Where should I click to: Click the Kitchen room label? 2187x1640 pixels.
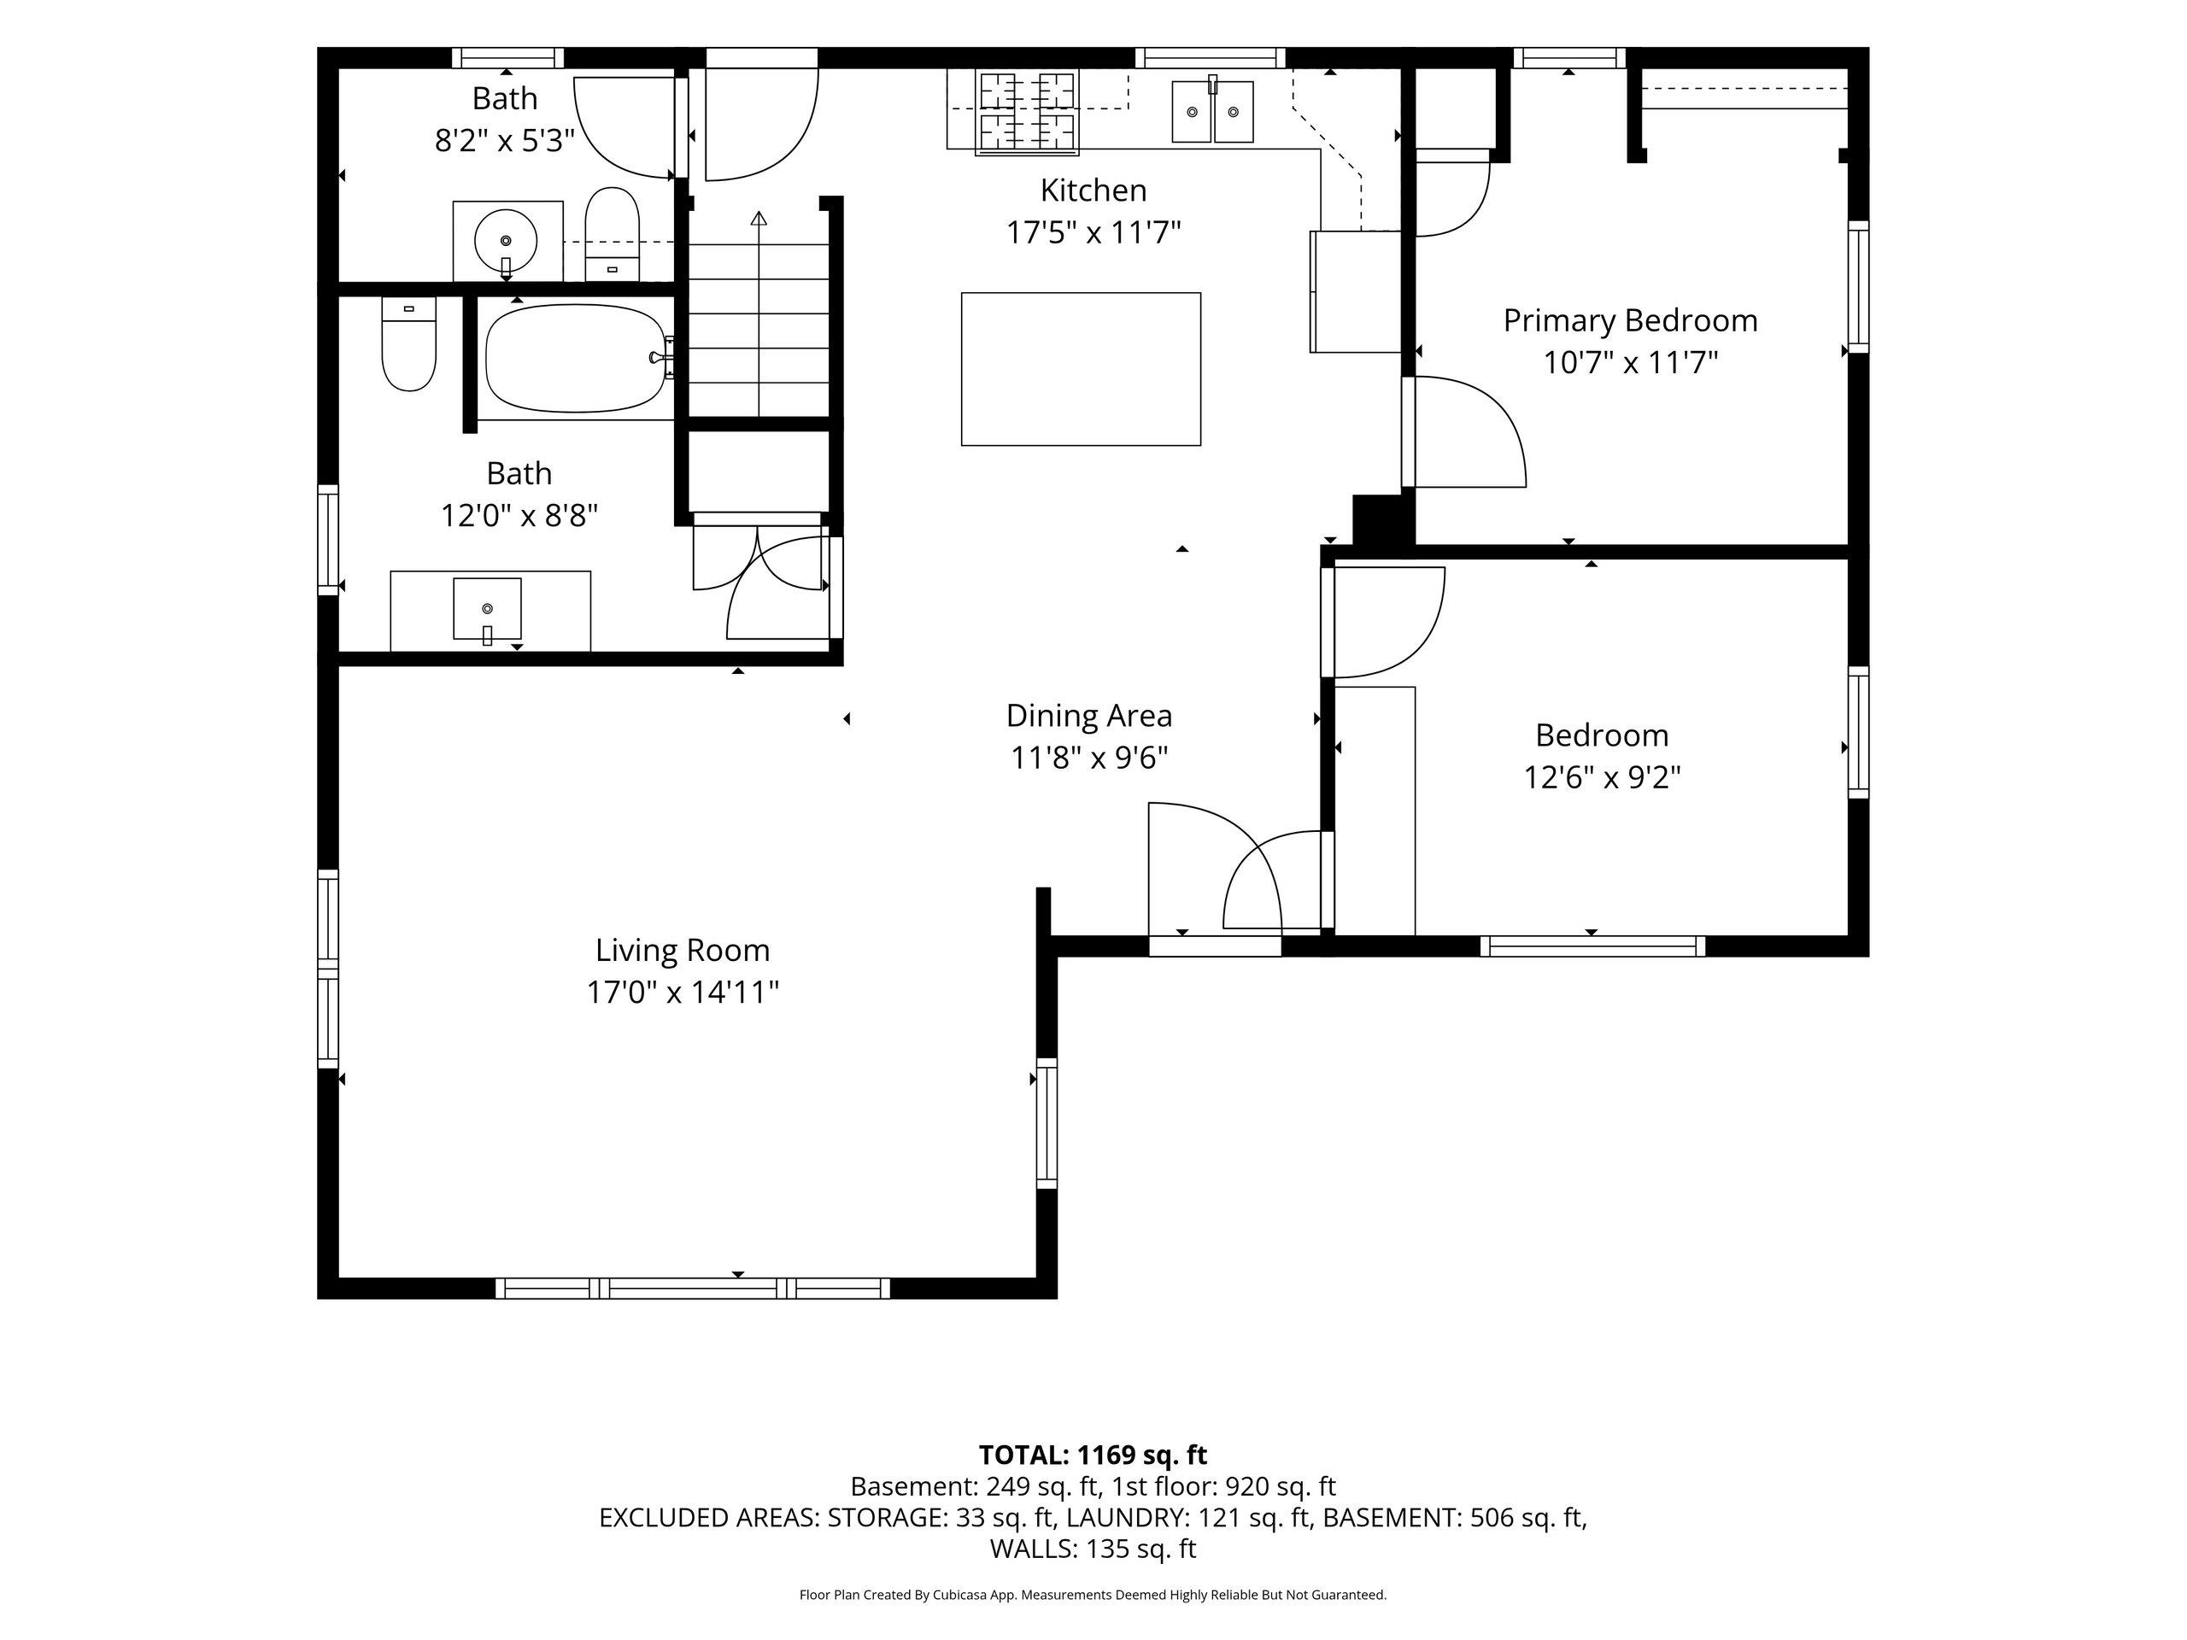click(1093, 190)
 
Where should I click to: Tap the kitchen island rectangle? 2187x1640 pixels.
click(1081, 369)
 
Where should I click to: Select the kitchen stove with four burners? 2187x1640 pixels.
click(1026, 112)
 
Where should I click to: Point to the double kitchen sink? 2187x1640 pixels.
click(1213, 112)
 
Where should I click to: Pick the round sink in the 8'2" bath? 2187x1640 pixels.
click(507, 240)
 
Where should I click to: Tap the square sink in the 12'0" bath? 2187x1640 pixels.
click(486, 609)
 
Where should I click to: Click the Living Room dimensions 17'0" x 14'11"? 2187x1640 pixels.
click(683, 992)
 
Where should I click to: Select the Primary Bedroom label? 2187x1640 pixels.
click(1630, 320)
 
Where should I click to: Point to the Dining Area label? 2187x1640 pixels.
click(1088, 715)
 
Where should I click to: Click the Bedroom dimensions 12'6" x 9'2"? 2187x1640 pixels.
click(1602, 777)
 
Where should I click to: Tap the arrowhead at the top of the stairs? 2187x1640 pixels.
click(759, 218)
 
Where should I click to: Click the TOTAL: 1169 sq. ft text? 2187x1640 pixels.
click(1093, 1455)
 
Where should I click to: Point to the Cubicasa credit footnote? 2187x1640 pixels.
click(1093, 1595)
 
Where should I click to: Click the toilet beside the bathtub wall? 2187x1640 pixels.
click(408, 343)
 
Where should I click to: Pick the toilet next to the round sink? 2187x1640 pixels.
click(612, 234)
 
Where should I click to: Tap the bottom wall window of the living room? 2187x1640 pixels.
click(692, 1288)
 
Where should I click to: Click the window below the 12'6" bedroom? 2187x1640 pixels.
click(1592, 946)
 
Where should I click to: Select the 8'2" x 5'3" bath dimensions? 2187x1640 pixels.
click(504, 140)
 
